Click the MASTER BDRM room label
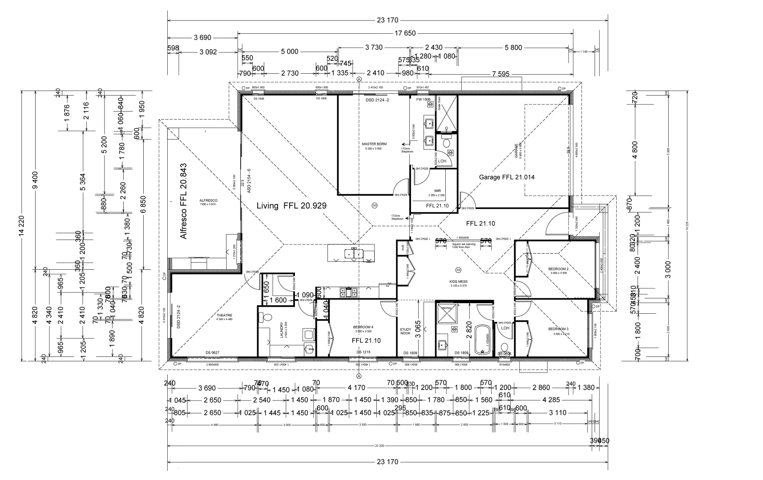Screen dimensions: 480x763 [374, 144]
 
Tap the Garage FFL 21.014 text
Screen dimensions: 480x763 [506, 177]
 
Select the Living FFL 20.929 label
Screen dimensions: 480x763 [291, 206]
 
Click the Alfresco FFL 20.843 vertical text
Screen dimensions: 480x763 [184, 201]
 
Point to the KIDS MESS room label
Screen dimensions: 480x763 [459, 281]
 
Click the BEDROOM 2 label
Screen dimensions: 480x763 [558, 269]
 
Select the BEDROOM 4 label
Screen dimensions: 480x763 [363, 327]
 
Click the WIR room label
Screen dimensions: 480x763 [437, 191]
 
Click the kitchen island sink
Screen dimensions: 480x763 [354, 253]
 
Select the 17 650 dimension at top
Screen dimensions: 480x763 [405, 33]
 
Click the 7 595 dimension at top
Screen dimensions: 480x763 [501, 74]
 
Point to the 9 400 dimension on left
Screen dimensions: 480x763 [35, 180]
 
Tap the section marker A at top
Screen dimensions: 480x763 [359, 79]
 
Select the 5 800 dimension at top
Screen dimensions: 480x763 [513, 48]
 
